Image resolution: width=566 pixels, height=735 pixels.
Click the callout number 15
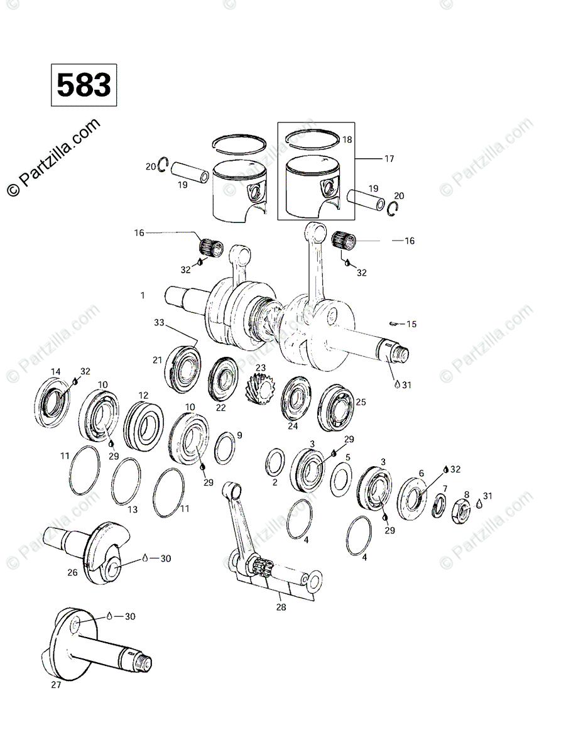[x=411, y=324]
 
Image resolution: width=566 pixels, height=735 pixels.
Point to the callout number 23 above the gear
[x=260, y=367]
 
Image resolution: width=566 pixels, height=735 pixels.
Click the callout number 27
[x=56, y=685]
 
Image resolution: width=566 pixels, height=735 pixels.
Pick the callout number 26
[x=72, y=572]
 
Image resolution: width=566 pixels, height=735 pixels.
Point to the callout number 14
[x=56, y=370]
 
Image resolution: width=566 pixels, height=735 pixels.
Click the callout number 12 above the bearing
[x=143, y=395]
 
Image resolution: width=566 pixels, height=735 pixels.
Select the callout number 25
[x=361, y=401]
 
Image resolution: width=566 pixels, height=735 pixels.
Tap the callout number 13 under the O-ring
[x=133, y=509]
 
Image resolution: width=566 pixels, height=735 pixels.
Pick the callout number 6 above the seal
[x=422, y=474]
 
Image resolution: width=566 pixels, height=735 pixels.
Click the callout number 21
[x=158, y=360]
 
